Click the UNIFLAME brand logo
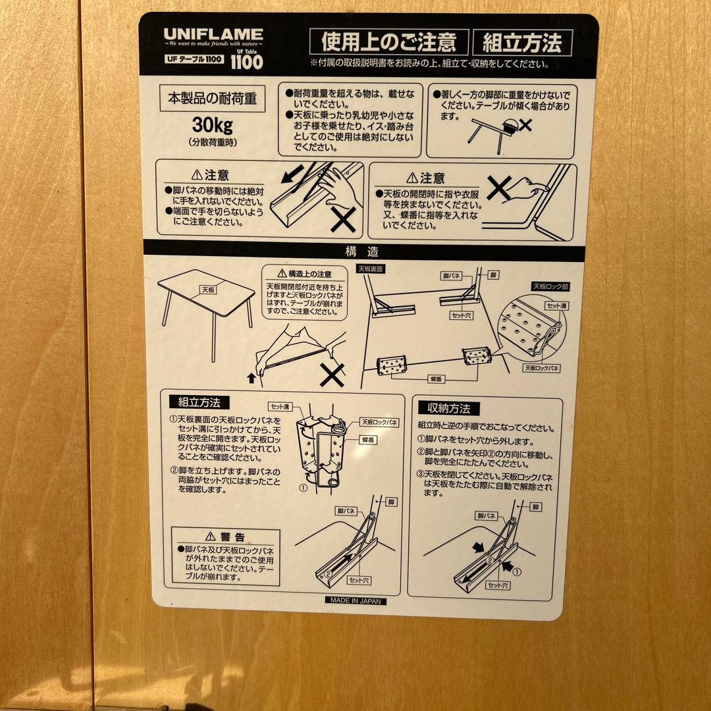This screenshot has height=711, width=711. [213, 34]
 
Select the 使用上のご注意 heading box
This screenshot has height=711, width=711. [388, 43]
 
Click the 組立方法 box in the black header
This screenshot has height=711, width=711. [522, 43]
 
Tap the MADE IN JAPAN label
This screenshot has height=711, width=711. [355, 600]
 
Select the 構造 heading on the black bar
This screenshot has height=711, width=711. [363, 251]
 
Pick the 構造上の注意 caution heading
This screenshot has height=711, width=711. [304, 273]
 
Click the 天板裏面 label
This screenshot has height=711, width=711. [370, 269]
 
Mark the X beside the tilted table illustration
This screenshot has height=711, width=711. [525, 124]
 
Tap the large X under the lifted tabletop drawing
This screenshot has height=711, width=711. [332, 376]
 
